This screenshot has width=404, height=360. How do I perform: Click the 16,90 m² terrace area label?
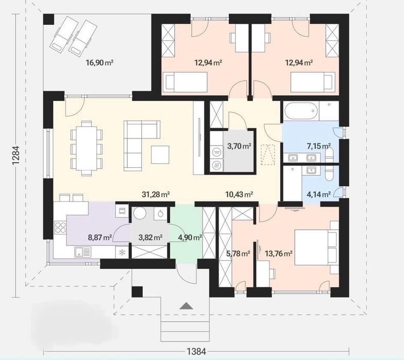click(x=100, y=63)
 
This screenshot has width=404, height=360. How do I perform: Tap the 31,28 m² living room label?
click(x=156, y=194)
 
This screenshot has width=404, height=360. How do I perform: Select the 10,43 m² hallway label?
click(x=239, y=194)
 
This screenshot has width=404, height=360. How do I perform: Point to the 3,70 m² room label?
click(x=239, y=146)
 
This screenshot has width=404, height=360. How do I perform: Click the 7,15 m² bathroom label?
click(x=319, y=146)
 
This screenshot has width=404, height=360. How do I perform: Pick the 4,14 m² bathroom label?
click(x=319, y=194)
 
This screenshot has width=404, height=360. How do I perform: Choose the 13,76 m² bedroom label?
click(x=278, y=254)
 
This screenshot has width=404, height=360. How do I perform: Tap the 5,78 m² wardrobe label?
click(x=238, y=254)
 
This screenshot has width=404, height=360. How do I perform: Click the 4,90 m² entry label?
click(x=190, y=237)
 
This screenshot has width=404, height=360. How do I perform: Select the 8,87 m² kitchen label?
click(x=100, y=237)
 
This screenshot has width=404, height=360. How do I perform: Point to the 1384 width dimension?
click(x=196, y=351)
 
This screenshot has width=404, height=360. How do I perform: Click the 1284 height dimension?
click(x=15, y=157)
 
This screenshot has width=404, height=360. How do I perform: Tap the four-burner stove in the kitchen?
click(x=60, y=228)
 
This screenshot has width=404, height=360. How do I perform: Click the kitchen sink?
click(x=83, y=252)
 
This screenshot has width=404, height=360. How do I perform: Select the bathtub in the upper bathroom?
click(x=301, y=111)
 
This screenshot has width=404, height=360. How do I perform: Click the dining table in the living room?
click(x=87, y=148)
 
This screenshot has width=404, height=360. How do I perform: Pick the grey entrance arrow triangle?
click(x=187, y=306)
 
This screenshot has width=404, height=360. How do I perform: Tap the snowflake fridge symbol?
click(x=122, y=252)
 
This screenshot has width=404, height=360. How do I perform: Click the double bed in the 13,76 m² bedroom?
click(x=316, y=247)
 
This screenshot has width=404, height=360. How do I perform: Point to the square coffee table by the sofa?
click(x=160, y=155)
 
